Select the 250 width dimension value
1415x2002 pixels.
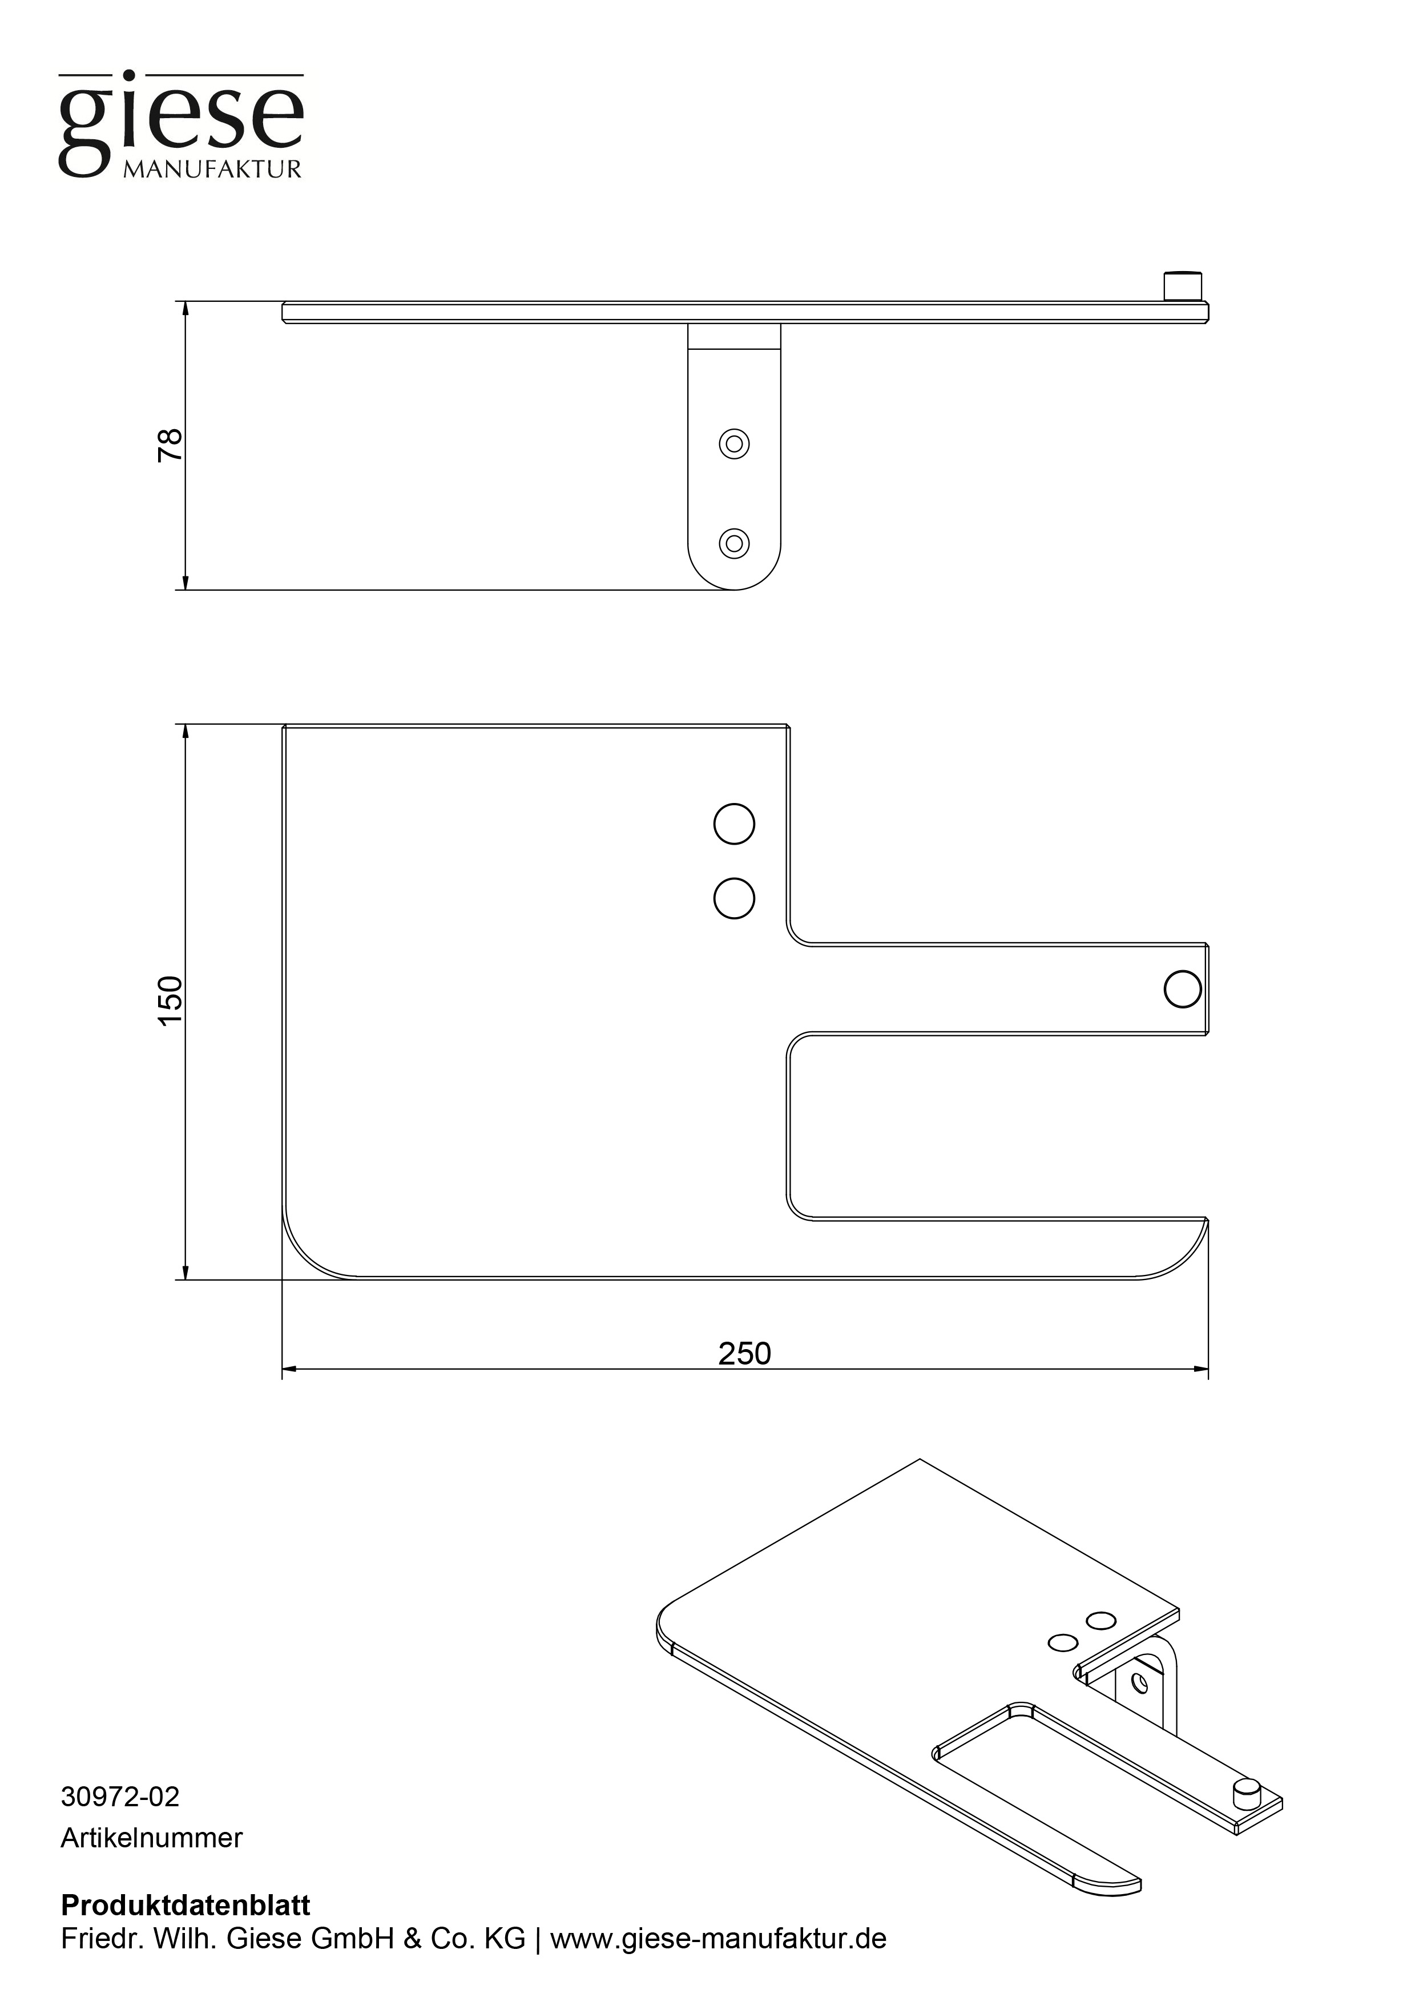[744, 1353]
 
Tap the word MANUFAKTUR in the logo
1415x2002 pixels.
[212, 169]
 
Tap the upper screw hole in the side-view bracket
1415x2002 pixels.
[734, 444]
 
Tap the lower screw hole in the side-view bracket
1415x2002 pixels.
[734, 543]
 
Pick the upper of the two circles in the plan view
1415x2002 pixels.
[734, 824]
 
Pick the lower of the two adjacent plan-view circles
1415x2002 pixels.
[734, 898]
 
